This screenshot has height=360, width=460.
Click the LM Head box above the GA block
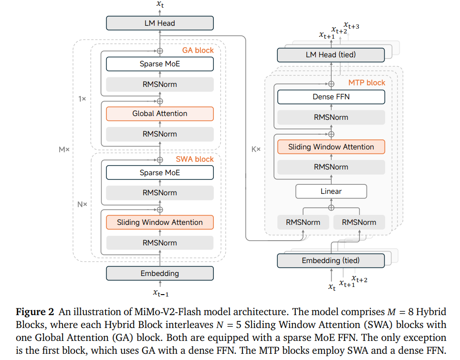point(159,23)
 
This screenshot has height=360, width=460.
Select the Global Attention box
point(159,114)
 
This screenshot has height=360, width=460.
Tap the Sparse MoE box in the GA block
point(159,64)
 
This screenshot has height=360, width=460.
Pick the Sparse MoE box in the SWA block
point(159,173)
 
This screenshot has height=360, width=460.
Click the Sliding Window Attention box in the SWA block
point(159,222)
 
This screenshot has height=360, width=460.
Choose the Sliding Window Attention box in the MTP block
point(331,147)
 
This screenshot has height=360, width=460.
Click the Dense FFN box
point(331,97)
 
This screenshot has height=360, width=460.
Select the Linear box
point(331,191)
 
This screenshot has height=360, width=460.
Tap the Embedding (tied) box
point(331,261)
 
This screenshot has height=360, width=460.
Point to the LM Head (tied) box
point(331,55)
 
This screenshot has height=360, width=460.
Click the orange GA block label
point(198,50)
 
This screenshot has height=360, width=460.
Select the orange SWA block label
point(195,159)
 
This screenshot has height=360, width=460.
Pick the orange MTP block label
point(366,83)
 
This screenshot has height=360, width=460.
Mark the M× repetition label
point(64,149)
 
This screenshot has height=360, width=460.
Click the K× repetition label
point(256,149)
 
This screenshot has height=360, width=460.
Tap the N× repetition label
point(82,204)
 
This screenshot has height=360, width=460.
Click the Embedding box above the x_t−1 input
point(159,274)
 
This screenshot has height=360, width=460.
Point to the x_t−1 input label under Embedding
point(160,293)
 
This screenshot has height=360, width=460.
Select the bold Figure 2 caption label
point(35,312)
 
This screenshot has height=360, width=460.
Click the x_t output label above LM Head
point(160,5)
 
